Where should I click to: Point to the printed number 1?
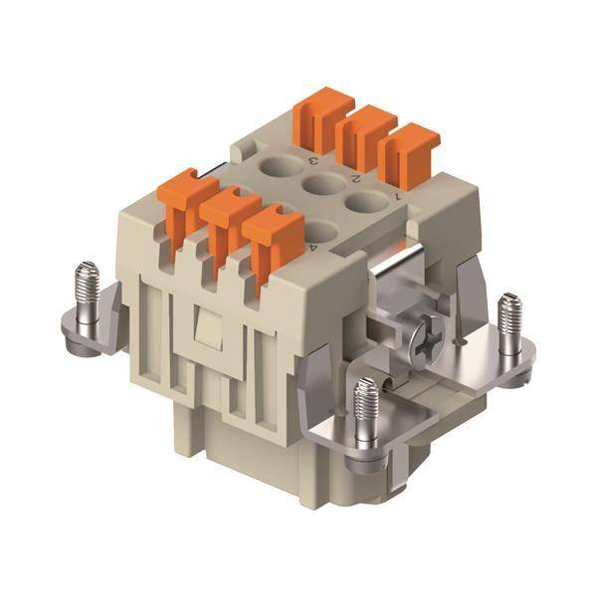[x=398, y=196]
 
